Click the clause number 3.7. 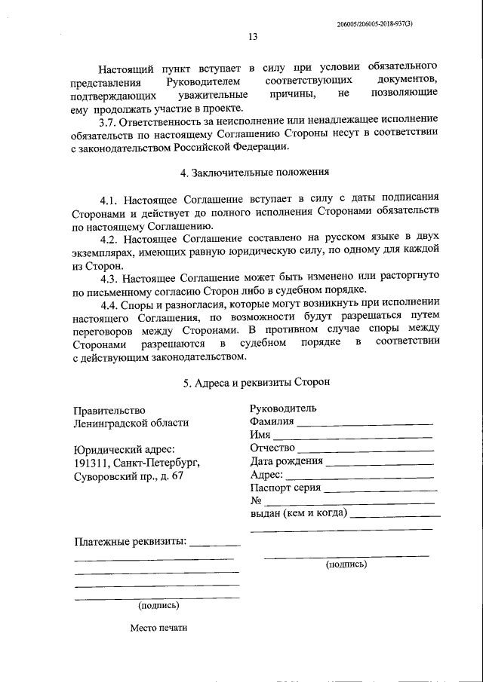[111, 121]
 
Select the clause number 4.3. [111, 277]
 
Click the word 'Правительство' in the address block [109, 410]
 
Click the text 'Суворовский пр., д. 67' [128, 476]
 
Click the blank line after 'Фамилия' [365, 425]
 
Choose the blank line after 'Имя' [352, 438]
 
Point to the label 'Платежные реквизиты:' [131, 542]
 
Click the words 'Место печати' [158, 627]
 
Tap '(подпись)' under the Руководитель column [346, 564]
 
